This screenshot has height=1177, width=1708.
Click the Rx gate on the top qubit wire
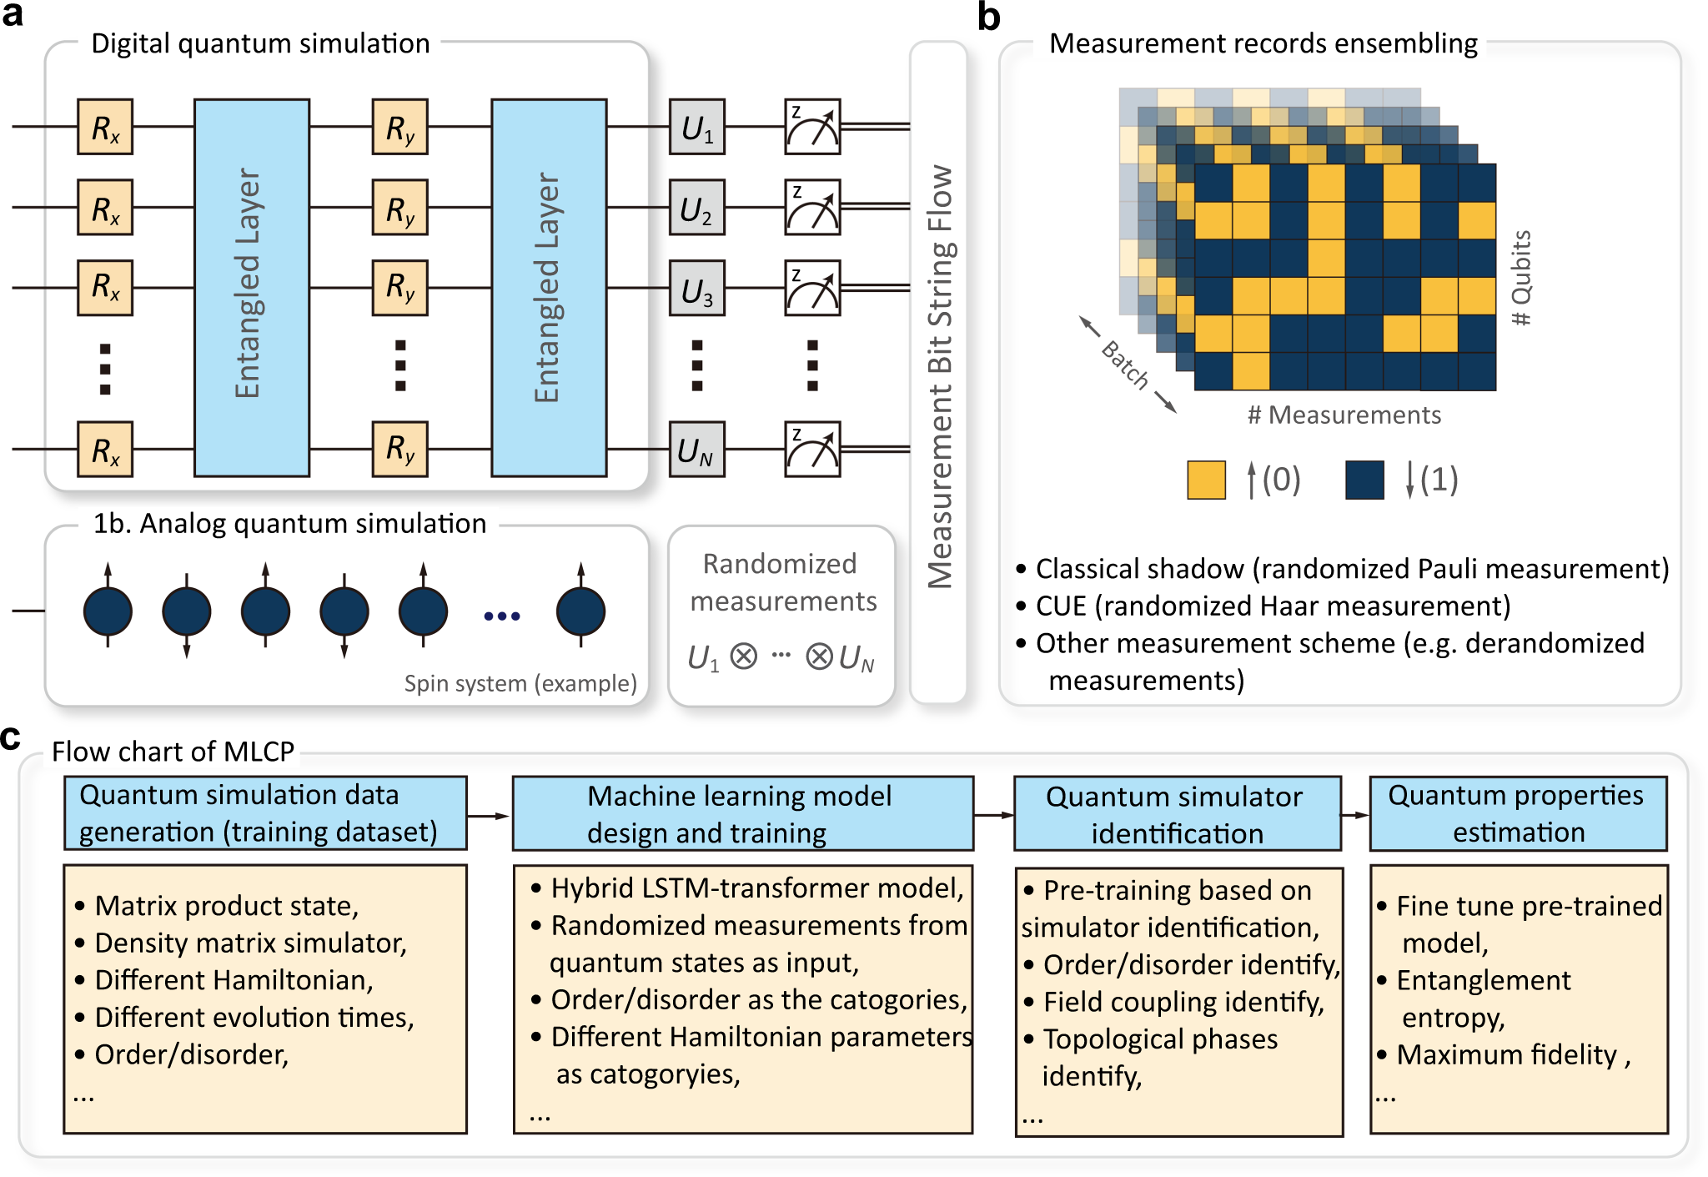pyautogui.click(x=105, y=128)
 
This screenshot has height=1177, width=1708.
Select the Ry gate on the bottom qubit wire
pyautogui.click(x=399, y=450)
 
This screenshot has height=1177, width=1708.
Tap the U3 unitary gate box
pyautogui.click(x=696, y=289)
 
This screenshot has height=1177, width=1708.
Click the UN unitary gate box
pyautogui.click(x=696, y=450)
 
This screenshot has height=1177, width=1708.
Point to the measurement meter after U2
pyautogui.click(x=812, y=208)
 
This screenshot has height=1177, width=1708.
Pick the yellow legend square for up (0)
pyautogui.click(x=1206, y=480)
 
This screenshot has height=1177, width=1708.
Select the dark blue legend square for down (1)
pyautogui.click(x=1364, y=480)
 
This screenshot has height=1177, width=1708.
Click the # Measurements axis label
pyautogui.click(x=1344, y=415)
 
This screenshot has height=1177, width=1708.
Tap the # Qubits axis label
pyautogui.click(x=1521, y=278)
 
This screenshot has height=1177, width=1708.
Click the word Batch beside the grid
pyautogui.click(x=1125, y=365)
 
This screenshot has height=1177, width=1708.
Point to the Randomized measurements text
pyautogui.click(x=781, y=582)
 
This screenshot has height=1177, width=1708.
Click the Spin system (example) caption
pyautogui.click(x=520, y=683)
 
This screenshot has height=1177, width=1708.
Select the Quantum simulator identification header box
pyautogui.click(x=1177, y=814)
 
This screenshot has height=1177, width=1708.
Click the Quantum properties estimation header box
pyautogui.click(x=1518, y=813)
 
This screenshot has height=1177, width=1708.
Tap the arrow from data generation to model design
pyautogui.click(x=489, y=815)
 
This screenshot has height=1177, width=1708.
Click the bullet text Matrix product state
pyautogui.click(x=226, y=905)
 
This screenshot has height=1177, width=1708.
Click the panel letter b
pyautogui.click(x=988, y=17)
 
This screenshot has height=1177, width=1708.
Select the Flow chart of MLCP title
pyautogui.click(x=173, y=752)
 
